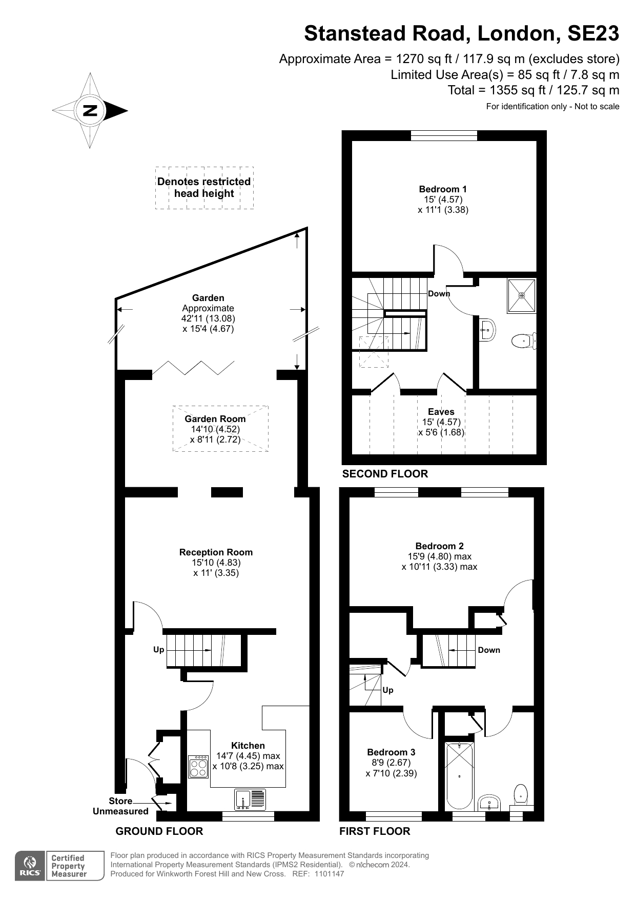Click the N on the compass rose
point(90,110)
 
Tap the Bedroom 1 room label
point(443,189)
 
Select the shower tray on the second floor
point(522,295)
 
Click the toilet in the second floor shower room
point(523,341)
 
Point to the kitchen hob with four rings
point(198,767)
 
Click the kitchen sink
point(251,799)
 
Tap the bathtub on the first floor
point(459,776)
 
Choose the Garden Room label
point(215,419)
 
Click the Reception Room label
point(216,552)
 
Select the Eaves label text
point(441,412)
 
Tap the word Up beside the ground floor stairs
point(159,650)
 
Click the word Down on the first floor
point(489,650)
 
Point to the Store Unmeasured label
point(120,806)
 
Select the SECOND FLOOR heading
point(385,474)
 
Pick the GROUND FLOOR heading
point(159,831)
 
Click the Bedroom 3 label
point(391,752)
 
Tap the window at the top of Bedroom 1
point(444,135)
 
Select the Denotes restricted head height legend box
point(204,188)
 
